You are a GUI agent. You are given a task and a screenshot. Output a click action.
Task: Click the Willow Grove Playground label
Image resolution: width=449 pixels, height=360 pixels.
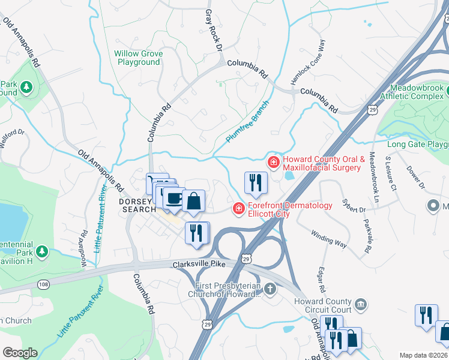(139, 58)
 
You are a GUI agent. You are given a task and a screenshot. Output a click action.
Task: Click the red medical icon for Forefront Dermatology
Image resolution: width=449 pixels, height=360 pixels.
(238, 208)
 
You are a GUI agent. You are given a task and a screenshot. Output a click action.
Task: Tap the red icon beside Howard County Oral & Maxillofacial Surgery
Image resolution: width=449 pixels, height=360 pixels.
(273, 162)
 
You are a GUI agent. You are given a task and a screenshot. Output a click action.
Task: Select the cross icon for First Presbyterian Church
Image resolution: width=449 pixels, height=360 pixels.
(270, 290)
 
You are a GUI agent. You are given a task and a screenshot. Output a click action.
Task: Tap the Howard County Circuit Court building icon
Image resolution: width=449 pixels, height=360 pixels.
(360, 305)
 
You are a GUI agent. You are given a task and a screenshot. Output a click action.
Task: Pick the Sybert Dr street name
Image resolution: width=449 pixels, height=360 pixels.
(354, 205)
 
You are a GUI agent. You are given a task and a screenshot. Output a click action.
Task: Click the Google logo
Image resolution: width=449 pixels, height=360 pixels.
(20, 352)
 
